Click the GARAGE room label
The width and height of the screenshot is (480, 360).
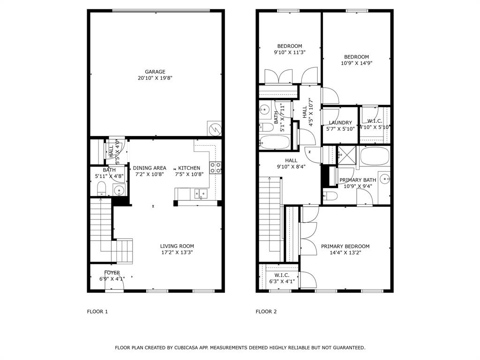(x=155, y=72)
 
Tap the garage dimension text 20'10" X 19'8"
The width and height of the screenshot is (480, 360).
(x=155, y=79)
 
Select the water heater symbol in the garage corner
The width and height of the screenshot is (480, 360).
(x=214, y=128)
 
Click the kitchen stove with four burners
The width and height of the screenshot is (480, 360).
(x=215, y=167)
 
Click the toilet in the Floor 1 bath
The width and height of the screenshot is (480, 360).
(x=101, y=189)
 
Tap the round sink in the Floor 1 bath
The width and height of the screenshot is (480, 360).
(x=119, y=190)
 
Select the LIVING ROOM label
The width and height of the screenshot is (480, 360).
(x=177, y=246)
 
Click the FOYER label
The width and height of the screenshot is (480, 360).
(x=112, y=273)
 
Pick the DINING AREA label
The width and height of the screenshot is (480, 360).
(x=150, y=168)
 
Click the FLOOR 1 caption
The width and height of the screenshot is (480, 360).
(x=97, y=311)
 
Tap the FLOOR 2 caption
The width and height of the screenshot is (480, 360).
(x=266, y=311)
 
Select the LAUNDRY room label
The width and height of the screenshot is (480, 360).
(x=340, y=123)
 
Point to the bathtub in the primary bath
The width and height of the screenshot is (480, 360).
(x=375, y=157)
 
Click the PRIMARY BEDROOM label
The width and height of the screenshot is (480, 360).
(x=345, y=246)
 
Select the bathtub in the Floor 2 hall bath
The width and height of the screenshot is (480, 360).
(x=275, y=142)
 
